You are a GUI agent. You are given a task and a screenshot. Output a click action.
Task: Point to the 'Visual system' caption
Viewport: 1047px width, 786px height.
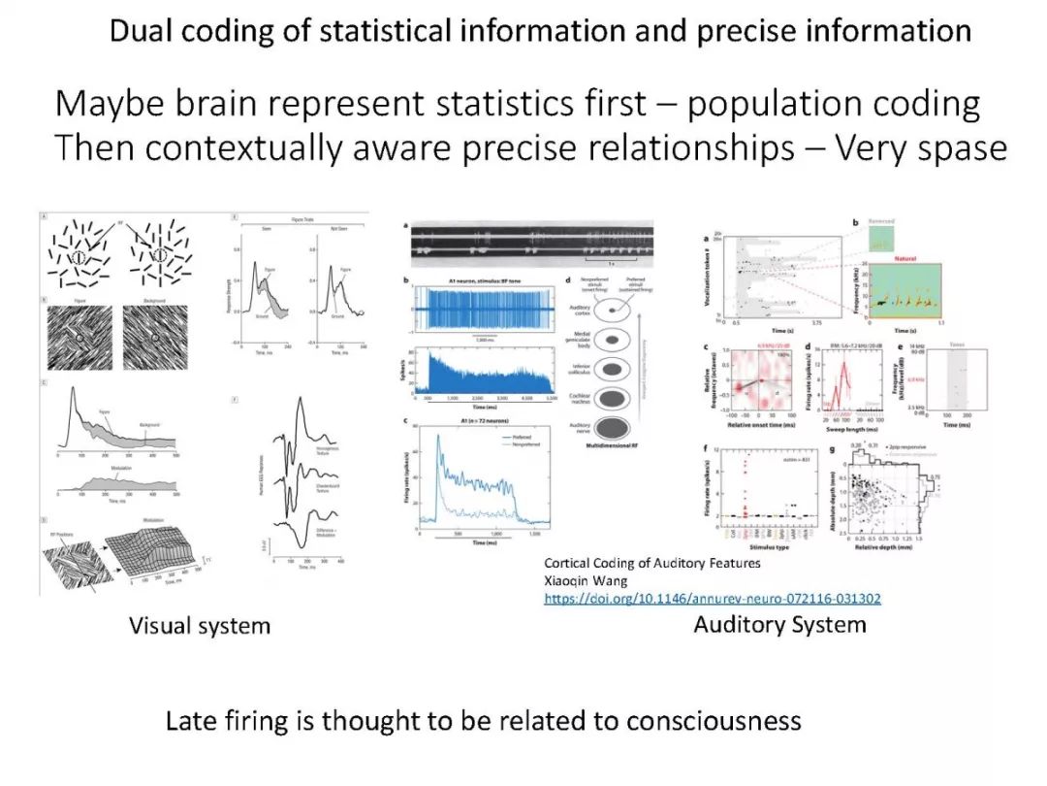(200, 626)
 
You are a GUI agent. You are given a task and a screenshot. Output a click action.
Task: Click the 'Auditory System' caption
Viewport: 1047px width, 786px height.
(779, 624)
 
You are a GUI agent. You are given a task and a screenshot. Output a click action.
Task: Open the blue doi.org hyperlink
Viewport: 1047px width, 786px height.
(713, 599)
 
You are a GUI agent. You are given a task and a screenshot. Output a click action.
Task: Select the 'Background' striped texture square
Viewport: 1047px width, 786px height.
(154, 339)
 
